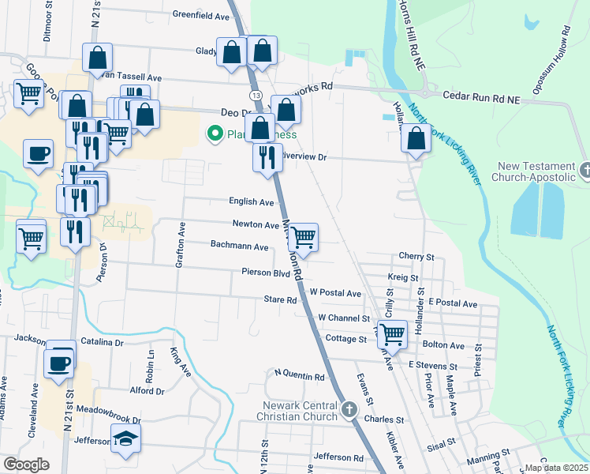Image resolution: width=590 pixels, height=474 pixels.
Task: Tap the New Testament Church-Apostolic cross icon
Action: point(585,169)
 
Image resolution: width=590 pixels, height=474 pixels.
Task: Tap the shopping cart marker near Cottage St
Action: point(392,333)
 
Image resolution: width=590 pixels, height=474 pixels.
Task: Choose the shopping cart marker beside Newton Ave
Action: point(303,236)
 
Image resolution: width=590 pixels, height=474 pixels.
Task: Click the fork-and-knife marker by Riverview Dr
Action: point(267,156)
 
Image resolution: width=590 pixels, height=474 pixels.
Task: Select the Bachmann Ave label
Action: point(240,245)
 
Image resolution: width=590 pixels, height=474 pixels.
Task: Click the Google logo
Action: point(26,465)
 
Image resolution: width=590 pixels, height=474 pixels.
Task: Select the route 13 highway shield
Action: point(256,95)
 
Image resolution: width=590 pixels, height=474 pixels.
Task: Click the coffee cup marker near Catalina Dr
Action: point(60,362)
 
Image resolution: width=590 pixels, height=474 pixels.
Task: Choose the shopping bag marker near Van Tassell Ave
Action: point(98,58)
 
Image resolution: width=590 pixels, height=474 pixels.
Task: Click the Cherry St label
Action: point(416,258)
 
